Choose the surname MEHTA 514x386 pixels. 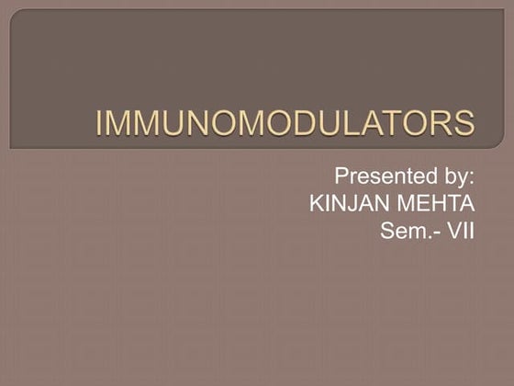pos(436,202)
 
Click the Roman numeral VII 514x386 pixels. pos(461,229)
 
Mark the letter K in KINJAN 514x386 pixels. pos(317,202)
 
